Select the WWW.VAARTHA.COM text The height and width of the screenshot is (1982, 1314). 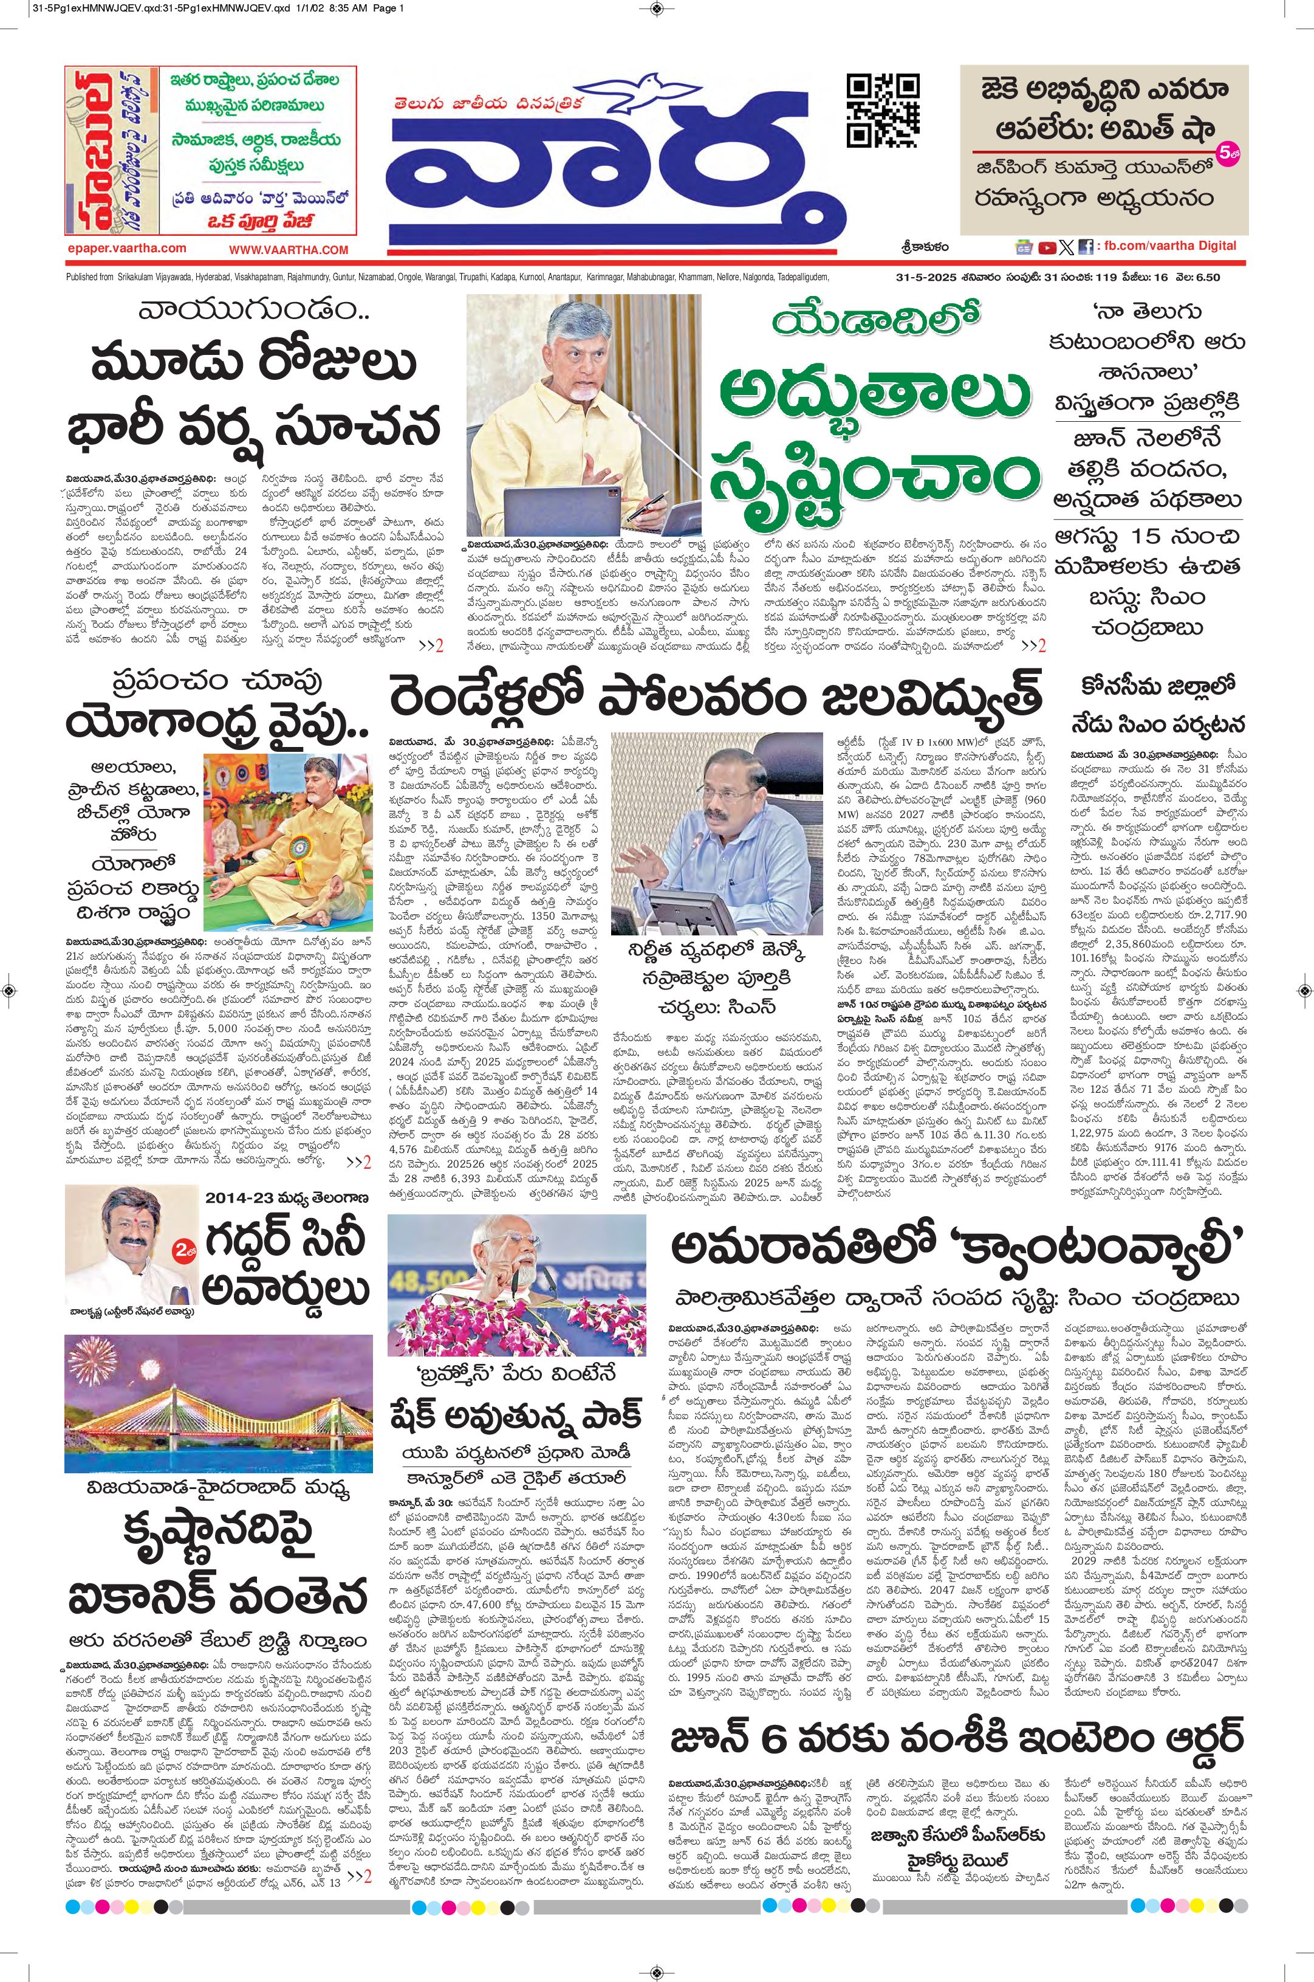click(289, 249)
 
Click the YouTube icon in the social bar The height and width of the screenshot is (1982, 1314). click(1047, 247)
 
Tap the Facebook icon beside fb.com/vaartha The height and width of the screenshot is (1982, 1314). click(1084, 247)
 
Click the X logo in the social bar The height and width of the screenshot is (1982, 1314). click(1065, 247)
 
